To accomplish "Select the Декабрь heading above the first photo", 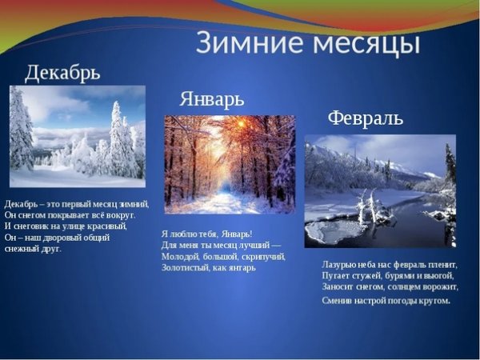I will point(62,74).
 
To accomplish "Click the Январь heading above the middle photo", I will point(211,99).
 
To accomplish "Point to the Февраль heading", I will point(365,118).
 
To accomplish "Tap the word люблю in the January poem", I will point(183,233).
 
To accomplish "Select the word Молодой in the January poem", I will point(180,256).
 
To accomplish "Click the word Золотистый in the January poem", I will point(185,268).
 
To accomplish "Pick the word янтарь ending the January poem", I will point(242,268).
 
